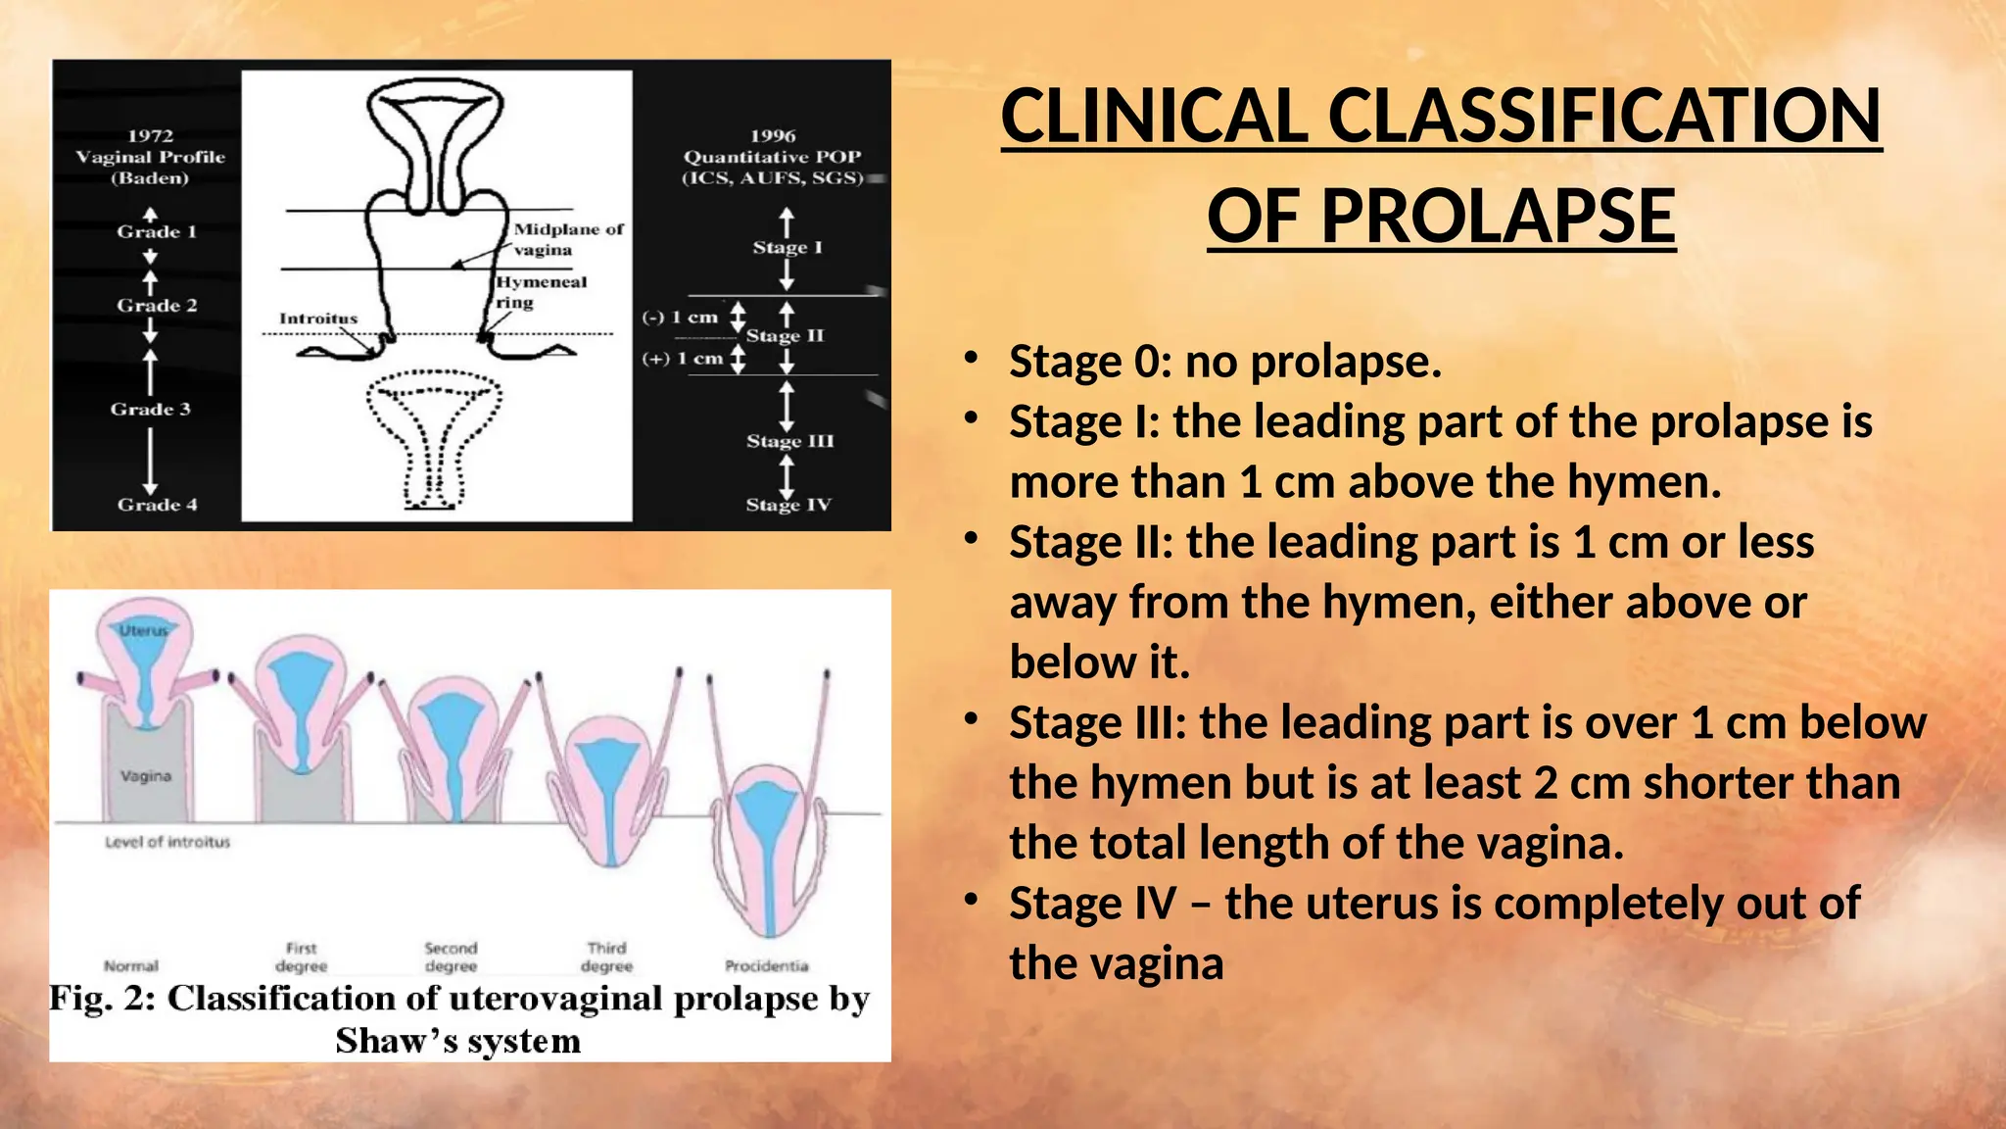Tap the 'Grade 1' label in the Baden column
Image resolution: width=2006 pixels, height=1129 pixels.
coord(157,232)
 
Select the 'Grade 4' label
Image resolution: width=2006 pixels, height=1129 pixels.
coord(157,505)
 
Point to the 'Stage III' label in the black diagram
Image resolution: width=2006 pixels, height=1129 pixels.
coord(789,441)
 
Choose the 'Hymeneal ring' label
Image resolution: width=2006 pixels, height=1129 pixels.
coord(540,292)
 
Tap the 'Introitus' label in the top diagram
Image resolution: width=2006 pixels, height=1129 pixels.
coord(318,319)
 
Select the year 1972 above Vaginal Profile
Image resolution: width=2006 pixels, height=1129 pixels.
coord(150,136)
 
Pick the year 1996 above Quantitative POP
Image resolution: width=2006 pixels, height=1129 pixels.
coord(773,136)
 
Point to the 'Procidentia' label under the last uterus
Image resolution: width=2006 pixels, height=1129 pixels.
coord(767,965)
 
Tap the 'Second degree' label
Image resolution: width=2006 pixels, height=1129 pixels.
coord(451,957)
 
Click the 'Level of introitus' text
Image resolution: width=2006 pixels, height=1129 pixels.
coord(167,842)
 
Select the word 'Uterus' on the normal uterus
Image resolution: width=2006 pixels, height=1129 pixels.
coord(144,631)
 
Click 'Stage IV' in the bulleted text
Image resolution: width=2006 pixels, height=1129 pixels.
coord(1092,904)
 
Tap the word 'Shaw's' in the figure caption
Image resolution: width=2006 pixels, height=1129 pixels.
coord(398,1041)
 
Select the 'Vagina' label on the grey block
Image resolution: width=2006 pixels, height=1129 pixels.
coord(146,776)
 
